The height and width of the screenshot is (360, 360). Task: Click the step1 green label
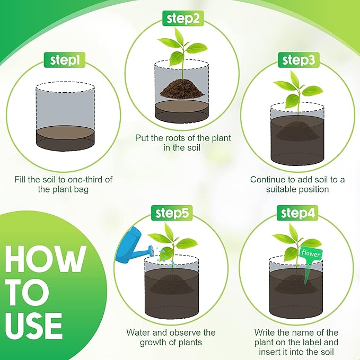click(65, 60)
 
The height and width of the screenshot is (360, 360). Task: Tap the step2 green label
click(183, 18)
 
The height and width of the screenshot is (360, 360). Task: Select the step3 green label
click(298, 60)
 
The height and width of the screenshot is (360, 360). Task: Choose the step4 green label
click(297, 213)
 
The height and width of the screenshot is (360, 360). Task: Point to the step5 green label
click(172, 213)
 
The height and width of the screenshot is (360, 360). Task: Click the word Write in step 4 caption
click(265, 332)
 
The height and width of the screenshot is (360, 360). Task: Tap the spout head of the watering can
click(151, 250)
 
